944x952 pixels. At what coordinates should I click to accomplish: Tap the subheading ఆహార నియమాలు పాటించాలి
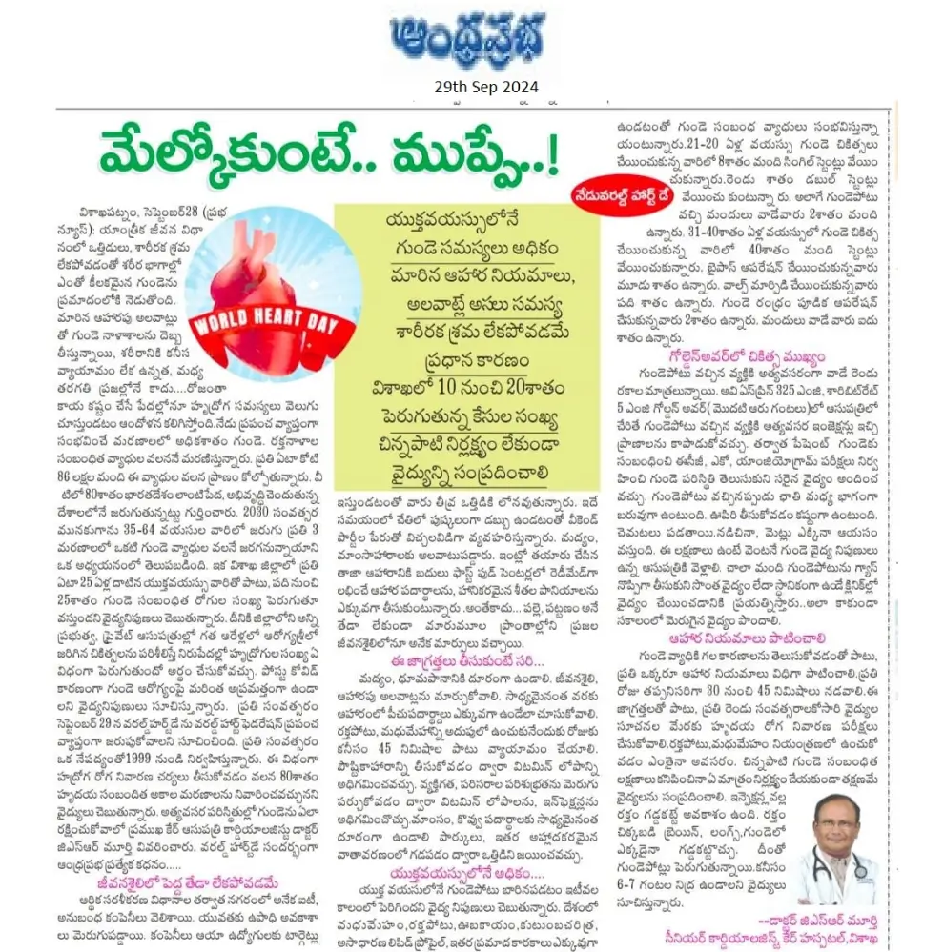[747, 638]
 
